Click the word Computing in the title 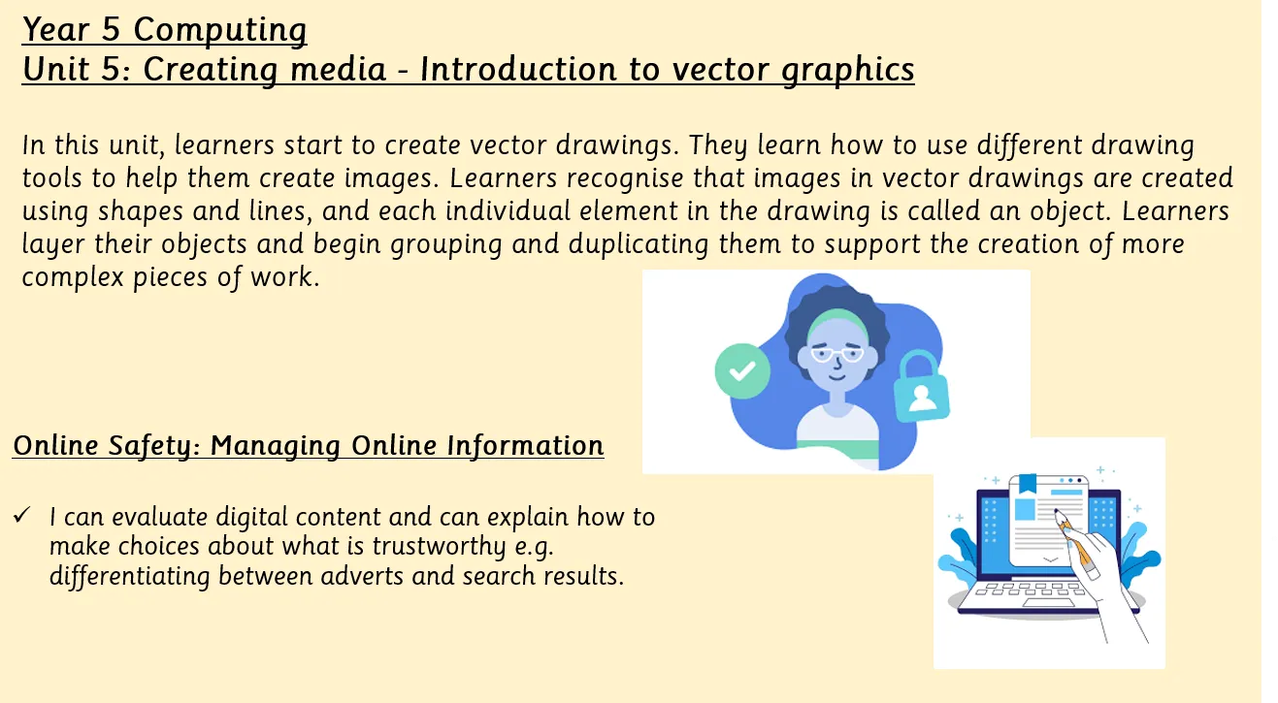coord(220,30)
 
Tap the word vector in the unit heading coord(721,70)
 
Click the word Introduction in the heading coord(518,70)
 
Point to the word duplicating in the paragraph coord(639,245)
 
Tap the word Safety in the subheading coord(154,446)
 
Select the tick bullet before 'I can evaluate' coord(21,515)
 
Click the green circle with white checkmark coord(742,371)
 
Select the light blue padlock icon coord(921,387)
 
